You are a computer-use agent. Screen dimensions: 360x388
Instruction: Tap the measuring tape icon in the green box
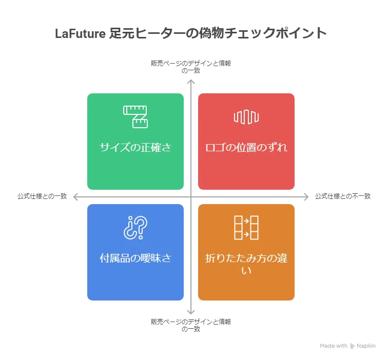point(135,116)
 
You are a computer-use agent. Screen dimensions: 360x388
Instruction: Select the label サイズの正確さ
point(135,148)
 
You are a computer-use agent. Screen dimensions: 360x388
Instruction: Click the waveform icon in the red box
point(246,116)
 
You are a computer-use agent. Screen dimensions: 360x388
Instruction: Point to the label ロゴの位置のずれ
point(246,148)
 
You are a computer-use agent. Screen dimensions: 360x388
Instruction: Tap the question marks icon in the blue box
point(135,227)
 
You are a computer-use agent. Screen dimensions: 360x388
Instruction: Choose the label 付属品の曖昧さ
point(135,258)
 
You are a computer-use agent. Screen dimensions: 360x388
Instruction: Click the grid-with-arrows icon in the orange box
point(246,227)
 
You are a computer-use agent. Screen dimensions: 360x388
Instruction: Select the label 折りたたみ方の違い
point(246,264)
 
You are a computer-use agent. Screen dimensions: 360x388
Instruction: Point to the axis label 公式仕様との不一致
point(342,196)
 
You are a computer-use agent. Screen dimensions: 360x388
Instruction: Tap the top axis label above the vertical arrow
point(190,67)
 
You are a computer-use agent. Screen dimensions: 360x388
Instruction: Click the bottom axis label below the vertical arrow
point(190,325)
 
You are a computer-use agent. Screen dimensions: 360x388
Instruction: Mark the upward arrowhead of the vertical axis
point(191,82)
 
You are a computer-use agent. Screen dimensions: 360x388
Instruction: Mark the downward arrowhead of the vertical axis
point(191,311)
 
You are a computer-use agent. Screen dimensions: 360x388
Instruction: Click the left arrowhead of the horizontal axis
point(75,196)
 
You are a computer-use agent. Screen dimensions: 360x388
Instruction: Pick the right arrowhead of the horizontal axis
point(306,196)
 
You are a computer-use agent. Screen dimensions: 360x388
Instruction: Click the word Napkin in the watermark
point(366,346)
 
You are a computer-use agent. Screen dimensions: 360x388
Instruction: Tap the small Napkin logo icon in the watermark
point(352,346)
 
